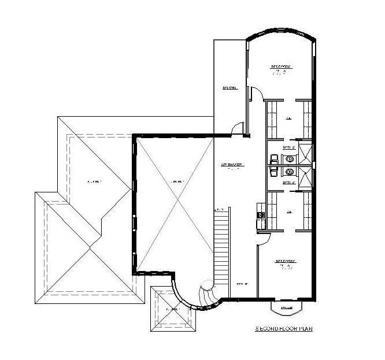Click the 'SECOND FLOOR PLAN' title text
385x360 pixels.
tap(284, 329)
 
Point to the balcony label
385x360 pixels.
tap(230, 88)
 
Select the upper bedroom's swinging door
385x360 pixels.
tap(257, 94)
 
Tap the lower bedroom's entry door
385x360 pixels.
tap(263, 236)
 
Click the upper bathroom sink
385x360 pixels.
tap(289, 158)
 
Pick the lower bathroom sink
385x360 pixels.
tap(289, 172)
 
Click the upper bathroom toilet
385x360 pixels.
tap(272, 158)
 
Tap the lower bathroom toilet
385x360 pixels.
tap(272, 172)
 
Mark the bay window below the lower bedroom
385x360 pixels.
tap(287, 308)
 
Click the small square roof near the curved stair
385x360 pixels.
tap(172, 309)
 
